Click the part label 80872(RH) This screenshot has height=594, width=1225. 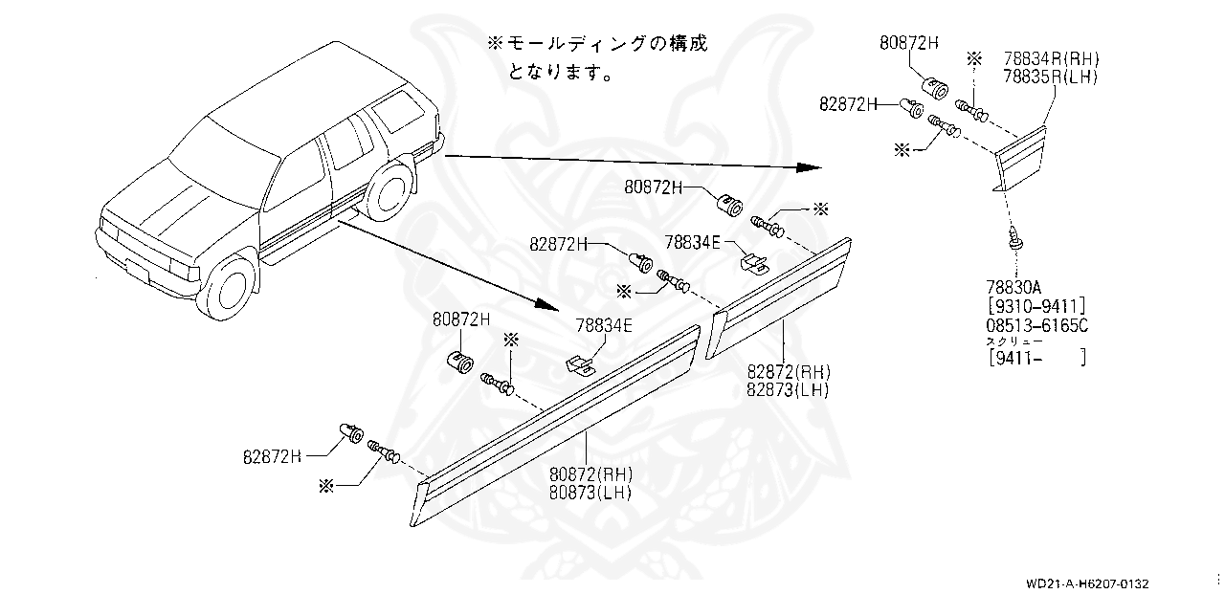[x=590, y=474]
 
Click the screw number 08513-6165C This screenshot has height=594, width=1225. [x=1037, y=325]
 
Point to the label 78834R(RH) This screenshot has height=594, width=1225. [x=1051, y=58]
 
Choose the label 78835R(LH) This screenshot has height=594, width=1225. [x=1051, y=77]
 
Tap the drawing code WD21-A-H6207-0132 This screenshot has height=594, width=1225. [x=1087, y=583]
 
